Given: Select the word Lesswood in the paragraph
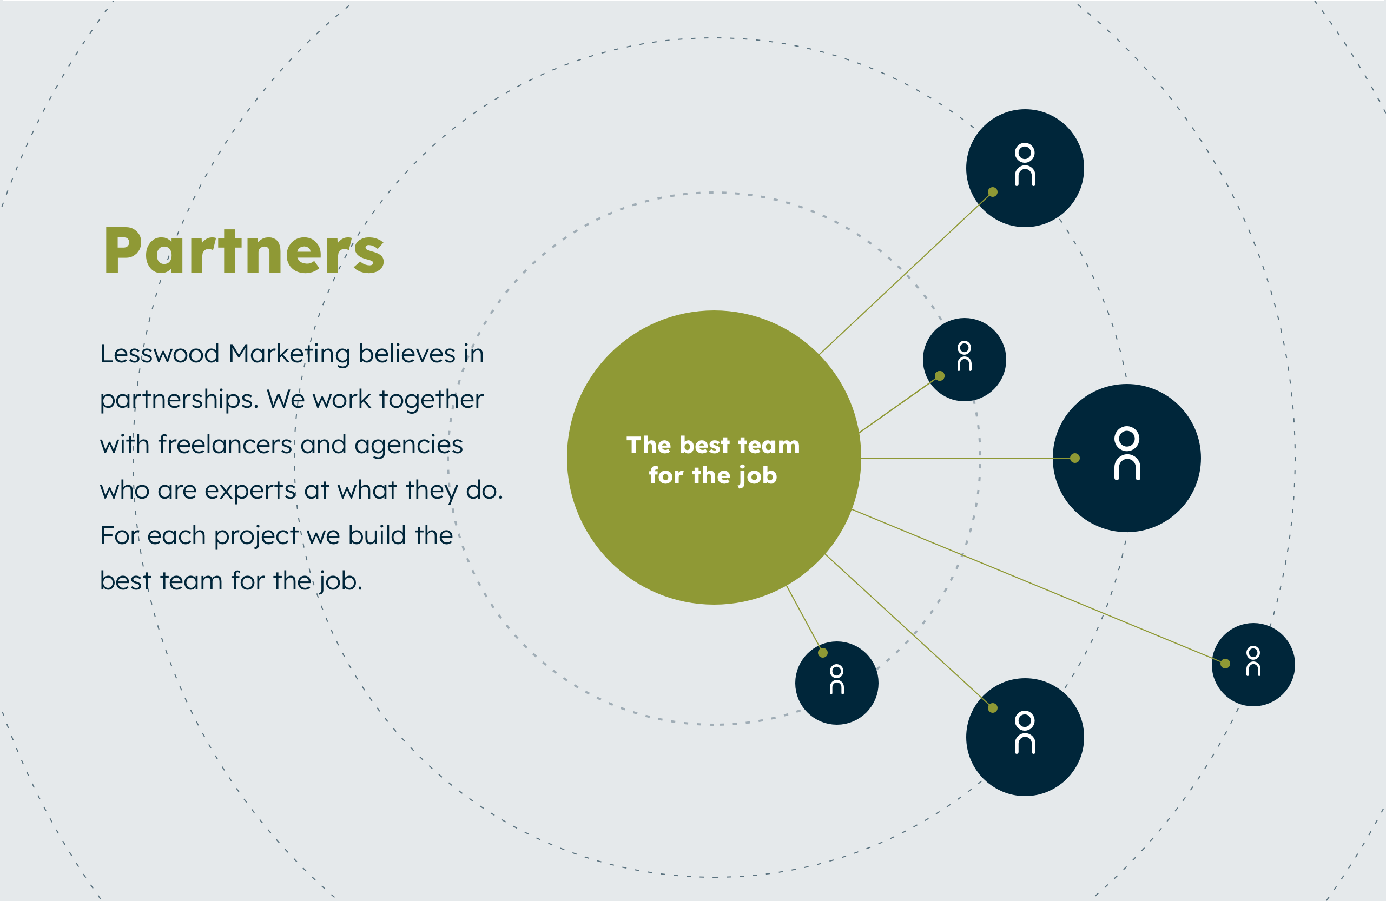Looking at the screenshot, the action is pos(160,353).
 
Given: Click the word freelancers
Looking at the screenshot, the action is pos(226,444).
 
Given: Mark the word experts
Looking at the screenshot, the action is pos(250,491).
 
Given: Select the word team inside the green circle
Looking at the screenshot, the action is pos(769,445).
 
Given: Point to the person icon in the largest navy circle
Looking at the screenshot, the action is pos(1127,453).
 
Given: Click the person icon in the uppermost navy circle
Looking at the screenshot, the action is pos(1025,165).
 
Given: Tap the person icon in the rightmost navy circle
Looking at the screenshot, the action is pos(1253,661).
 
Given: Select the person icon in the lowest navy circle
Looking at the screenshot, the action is pos(1025,732).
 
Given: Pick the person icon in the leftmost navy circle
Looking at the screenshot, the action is pos(837,679).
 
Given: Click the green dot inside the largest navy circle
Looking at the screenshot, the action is pos(1075,458).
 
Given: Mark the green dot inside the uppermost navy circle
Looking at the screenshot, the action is pos(993,192).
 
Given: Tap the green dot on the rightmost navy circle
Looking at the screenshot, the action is pos(1225,664).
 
